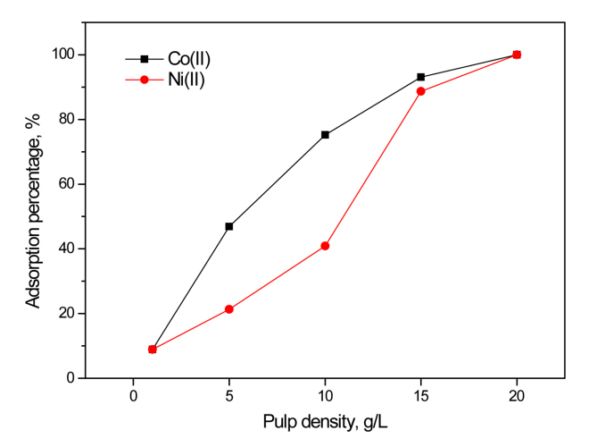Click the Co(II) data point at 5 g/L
[x=229, y=226]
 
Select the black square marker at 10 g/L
[x=325, y=135]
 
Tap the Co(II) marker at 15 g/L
[x=421, y=77]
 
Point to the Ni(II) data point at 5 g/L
[x=229, y=309]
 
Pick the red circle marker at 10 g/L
[x=325, y=246]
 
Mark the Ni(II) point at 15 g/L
[x=421, y=91]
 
